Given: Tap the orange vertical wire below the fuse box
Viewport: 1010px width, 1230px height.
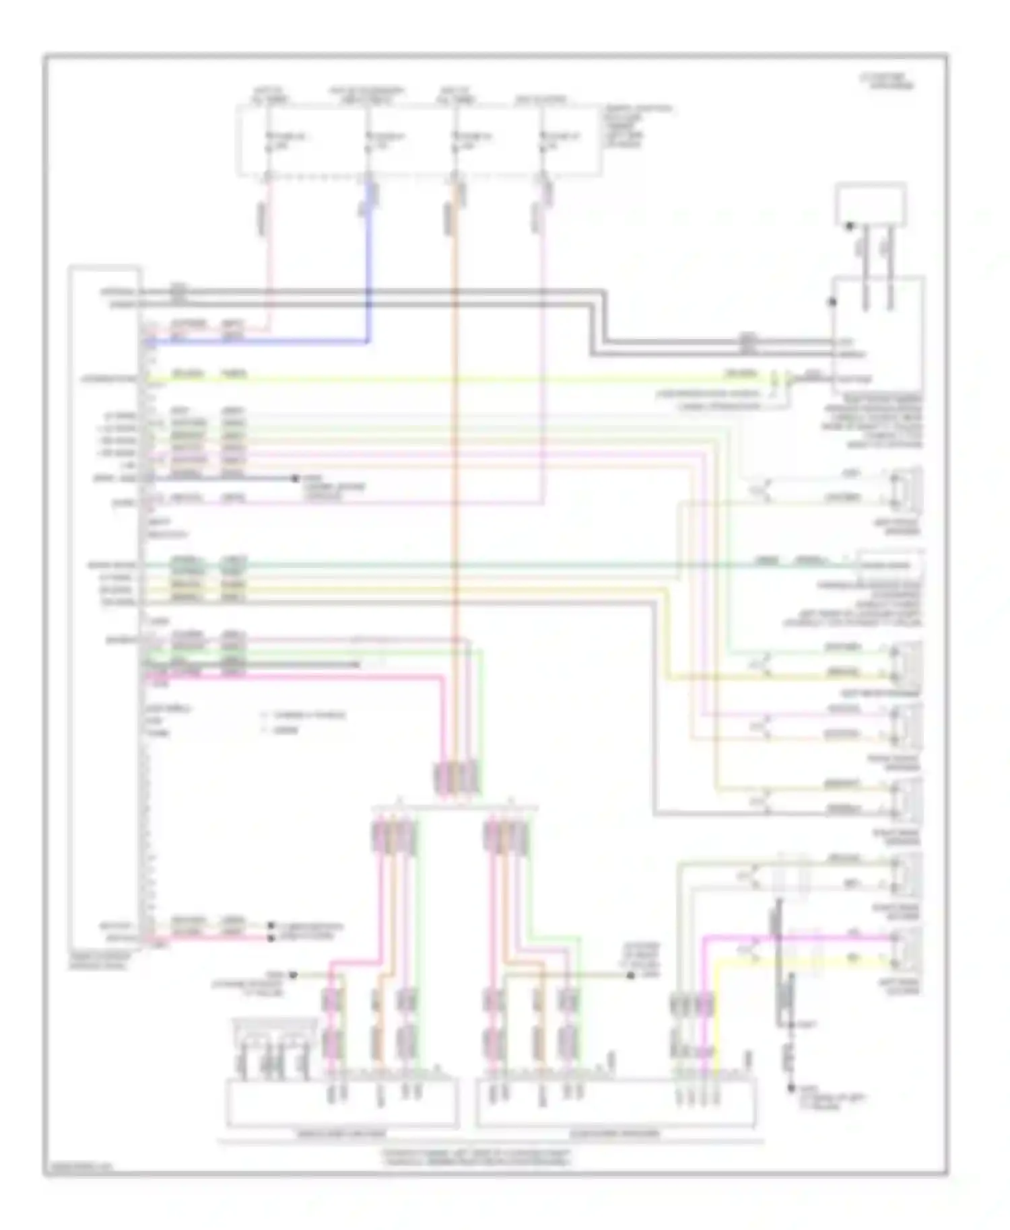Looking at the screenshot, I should pyautogui.click(x=457, y=471).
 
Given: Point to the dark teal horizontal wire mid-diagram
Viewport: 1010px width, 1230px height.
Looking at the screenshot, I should pyautogui.click(x=471, y=565).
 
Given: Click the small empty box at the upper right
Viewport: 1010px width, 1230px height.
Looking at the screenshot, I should pyautogui.click(x=870, y=203).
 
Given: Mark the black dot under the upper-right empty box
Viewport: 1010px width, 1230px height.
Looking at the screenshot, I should pyautogui.click(x=850, y=227).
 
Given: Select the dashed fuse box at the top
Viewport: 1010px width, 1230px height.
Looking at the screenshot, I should pyautogui.click(x=417, y=140).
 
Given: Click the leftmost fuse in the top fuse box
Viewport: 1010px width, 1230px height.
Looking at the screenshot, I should pyautogui.click(x=269, y=141).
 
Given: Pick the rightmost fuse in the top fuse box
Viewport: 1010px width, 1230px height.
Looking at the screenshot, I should pyautogui.click(x=543, y=141).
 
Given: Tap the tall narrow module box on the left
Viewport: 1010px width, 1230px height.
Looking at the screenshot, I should pyautogui.click(x=105, y=606).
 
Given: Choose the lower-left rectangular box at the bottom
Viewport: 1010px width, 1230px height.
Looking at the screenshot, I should pyautogui.click(x=341, y=1102).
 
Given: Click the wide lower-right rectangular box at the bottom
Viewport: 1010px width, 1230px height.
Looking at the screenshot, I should pyautogui.click(x=615, y=1102).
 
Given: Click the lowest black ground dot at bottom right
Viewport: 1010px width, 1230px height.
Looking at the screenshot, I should pyautogui.click(x=793, y=1088).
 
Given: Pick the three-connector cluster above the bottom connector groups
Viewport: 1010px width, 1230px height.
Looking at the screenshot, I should pyautogui.click(x=458, y=779).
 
